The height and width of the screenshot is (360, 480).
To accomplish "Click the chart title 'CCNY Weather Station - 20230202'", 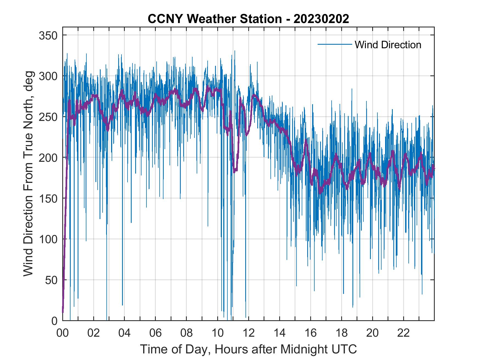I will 248,19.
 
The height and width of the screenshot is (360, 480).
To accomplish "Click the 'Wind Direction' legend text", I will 388,45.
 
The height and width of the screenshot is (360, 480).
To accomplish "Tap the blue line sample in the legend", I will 335,44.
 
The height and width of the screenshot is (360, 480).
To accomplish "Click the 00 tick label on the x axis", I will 63,333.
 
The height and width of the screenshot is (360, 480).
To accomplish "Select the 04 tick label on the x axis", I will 125,333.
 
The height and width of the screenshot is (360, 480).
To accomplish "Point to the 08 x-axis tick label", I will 187,333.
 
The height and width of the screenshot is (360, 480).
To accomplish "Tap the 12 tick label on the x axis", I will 249,333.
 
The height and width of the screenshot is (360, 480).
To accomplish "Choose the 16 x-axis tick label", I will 310,333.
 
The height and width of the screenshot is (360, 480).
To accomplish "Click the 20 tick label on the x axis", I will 372,333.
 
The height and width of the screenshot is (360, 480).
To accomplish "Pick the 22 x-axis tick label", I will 403,333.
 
